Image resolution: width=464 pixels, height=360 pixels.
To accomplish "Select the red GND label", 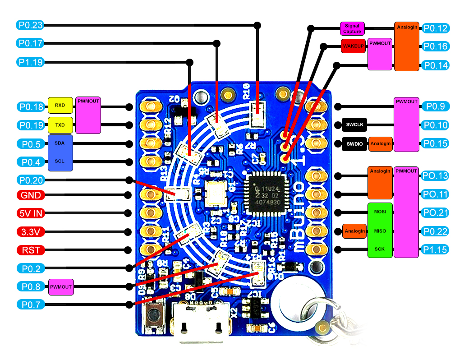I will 31,195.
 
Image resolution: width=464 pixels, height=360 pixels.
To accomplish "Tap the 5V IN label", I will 31,213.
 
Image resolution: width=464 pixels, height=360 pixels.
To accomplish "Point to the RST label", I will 31,249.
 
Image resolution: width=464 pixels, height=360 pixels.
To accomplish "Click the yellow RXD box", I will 60,106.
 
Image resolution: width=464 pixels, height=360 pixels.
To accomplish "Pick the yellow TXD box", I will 60,125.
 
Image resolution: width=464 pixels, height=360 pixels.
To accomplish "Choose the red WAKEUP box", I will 353,46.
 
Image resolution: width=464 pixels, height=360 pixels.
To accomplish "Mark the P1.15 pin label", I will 436,249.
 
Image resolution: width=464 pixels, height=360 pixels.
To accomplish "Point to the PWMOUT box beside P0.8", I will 61,286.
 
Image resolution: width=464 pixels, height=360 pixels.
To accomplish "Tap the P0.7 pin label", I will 31,305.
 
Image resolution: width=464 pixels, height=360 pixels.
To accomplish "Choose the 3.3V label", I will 31,232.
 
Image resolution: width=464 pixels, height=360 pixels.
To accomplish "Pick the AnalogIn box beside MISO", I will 354,231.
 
